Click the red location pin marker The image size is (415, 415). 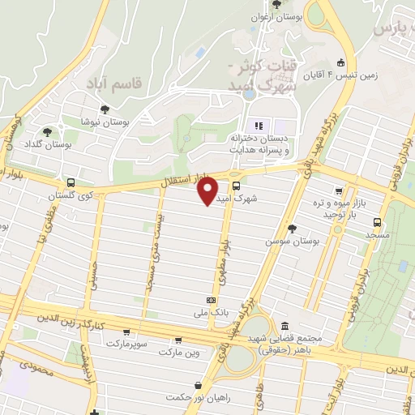[207, 191]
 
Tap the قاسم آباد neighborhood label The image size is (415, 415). [114, 82]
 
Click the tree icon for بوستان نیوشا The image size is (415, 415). [104, 109]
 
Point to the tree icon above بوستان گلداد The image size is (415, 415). [48, 130]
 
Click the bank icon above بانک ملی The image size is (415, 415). [212, 300]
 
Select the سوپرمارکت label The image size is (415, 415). [125, 344]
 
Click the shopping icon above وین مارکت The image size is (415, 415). [178, 340]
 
